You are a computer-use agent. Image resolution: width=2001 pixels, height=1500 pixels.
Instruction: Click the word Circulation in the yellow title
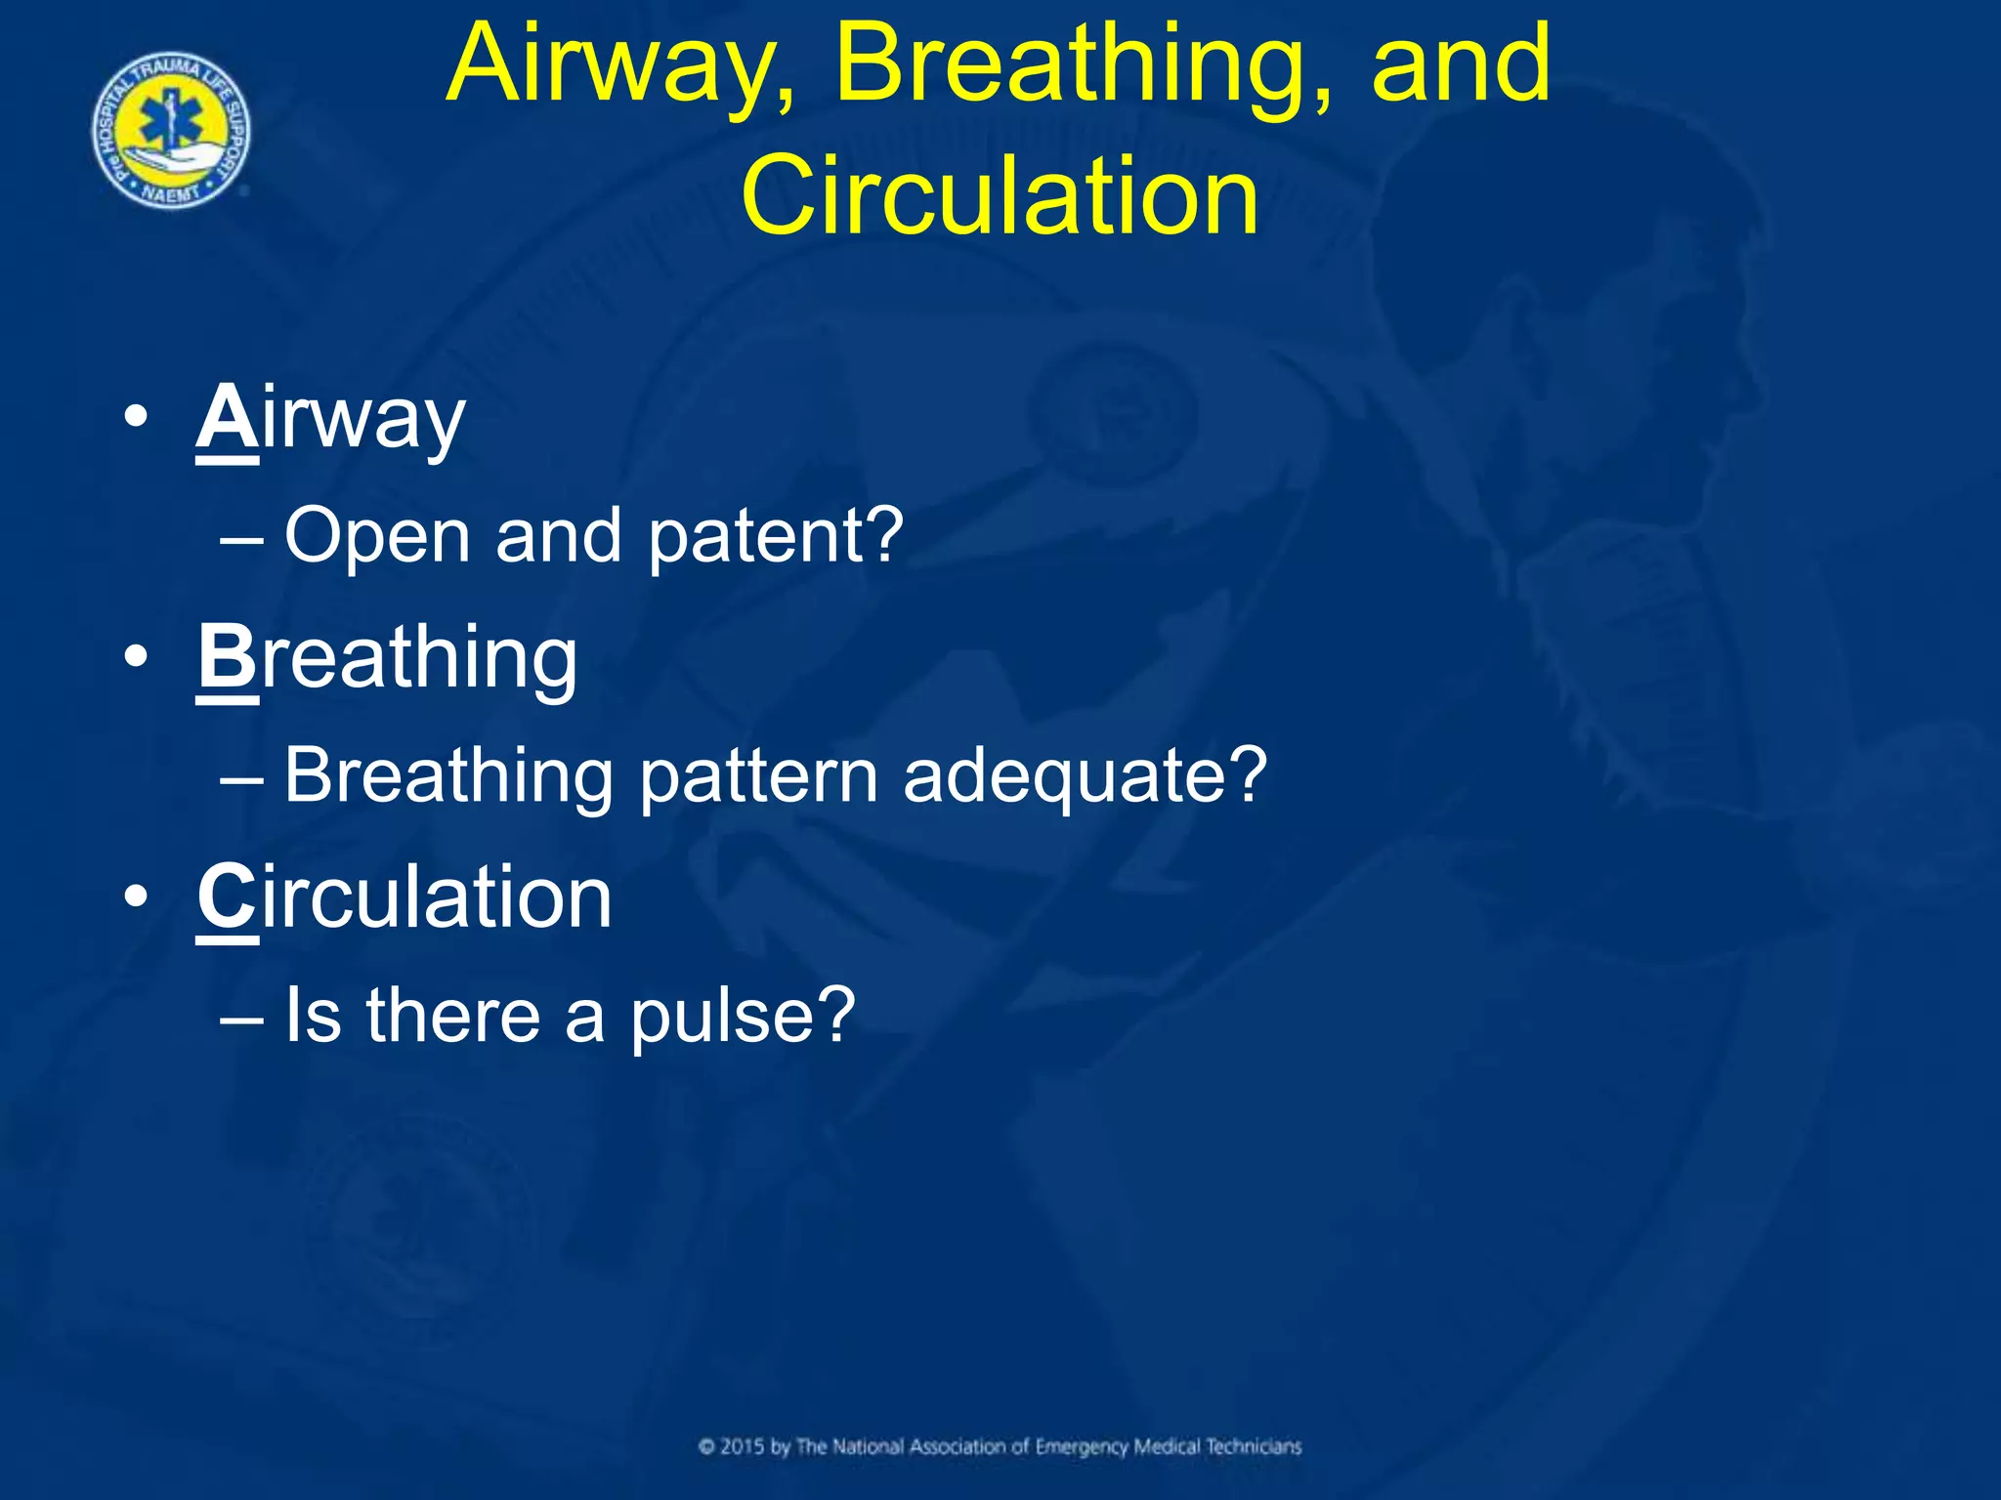point(1000,196)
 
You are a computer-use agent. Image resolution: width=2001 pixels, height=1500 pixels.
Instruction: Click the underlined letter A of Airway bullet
point(227,418)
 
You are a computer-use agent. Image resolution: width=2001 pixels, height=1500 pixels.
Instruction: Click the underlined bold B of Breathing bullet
point(227,657)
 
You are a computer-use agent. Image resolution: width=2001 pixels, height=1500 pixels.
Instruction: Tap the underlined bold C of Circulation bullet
point(227,897)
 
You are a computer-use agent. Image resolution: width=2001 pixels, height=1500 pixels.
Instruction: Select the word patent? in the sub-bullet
point(776,536)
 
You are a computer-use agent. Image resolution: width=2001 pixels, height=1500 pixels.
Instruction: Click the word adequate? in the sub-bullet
point(1085,776)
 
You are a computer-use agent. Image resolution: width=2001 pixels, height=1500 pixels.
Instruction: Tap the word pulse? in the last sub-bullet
point(743,1017)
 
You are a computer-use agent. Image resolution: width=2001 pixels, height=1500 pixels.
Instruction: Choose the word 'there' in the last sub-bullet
point(453,1017)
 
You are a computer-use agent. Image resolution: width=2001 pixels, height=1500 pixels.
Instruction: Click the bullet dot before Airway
point(136,418)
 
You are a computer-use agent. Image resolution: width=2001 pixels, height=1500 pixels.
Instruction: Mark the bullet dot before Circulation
point(136,897)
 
